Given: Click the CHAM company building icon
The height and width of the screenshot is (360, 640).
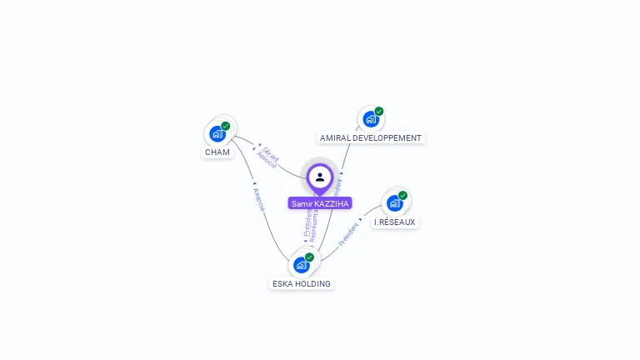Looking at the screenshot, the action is click(x=217, y=134).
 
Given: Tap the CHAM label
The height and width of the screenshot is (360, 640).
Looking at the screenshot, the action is click(x=217, y=152).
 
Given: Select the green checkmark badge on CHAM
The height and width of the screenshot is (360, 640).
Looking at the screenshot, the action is click(x=226, y=126).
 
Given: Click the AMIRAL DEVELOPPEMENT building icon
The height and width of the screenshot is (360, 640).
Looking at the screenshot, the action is click(x=370, y=119).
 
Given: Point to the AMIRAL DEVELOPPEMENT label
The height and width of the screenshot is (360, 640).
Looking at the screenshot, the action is click(x=371, y=137).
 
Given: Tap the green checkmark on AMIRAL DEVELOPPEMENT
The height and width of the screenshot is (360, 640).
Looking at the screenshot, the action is click(x=379, y=111).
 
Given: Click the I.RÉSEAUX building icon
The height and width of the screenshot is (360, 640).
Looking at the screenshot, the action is click(x=394, y=203).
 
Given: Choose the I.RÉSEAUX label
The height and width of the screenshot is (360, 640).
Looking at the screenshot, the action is click(x=394, y=222).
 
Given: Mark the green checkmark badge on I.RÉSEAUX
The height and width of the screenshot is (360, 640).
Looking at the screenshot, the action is click(x=403, y=195).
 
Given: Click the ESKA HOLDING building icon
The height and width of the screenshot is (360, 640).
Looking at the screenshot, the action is click(x=301, y=265).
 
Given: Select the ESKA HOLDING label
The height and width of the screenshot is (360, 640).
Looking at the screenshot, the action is click(x=302, y=284).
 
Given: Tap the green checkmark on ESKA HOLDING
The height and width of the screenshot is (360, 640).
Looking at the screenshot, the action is click(x=310, y=257).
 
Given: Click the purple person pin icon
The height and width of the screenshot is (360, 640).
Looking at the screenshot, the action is click(x=320, y=177).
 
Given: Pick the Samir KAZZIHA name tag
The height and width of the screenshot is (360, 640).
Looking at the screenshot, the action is click(x=320, y=203).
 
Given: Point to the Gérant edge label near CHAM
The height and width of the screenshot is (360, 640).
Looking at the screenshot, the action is click(x=272, y=154).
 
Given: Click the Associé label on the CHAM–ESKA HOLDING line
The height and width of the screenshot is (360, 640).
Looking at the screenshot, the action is click(x=258, y=199).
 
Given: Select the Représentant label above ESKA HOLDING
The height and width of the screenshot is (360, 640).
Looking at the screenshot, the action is click(x=314, y=226).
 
